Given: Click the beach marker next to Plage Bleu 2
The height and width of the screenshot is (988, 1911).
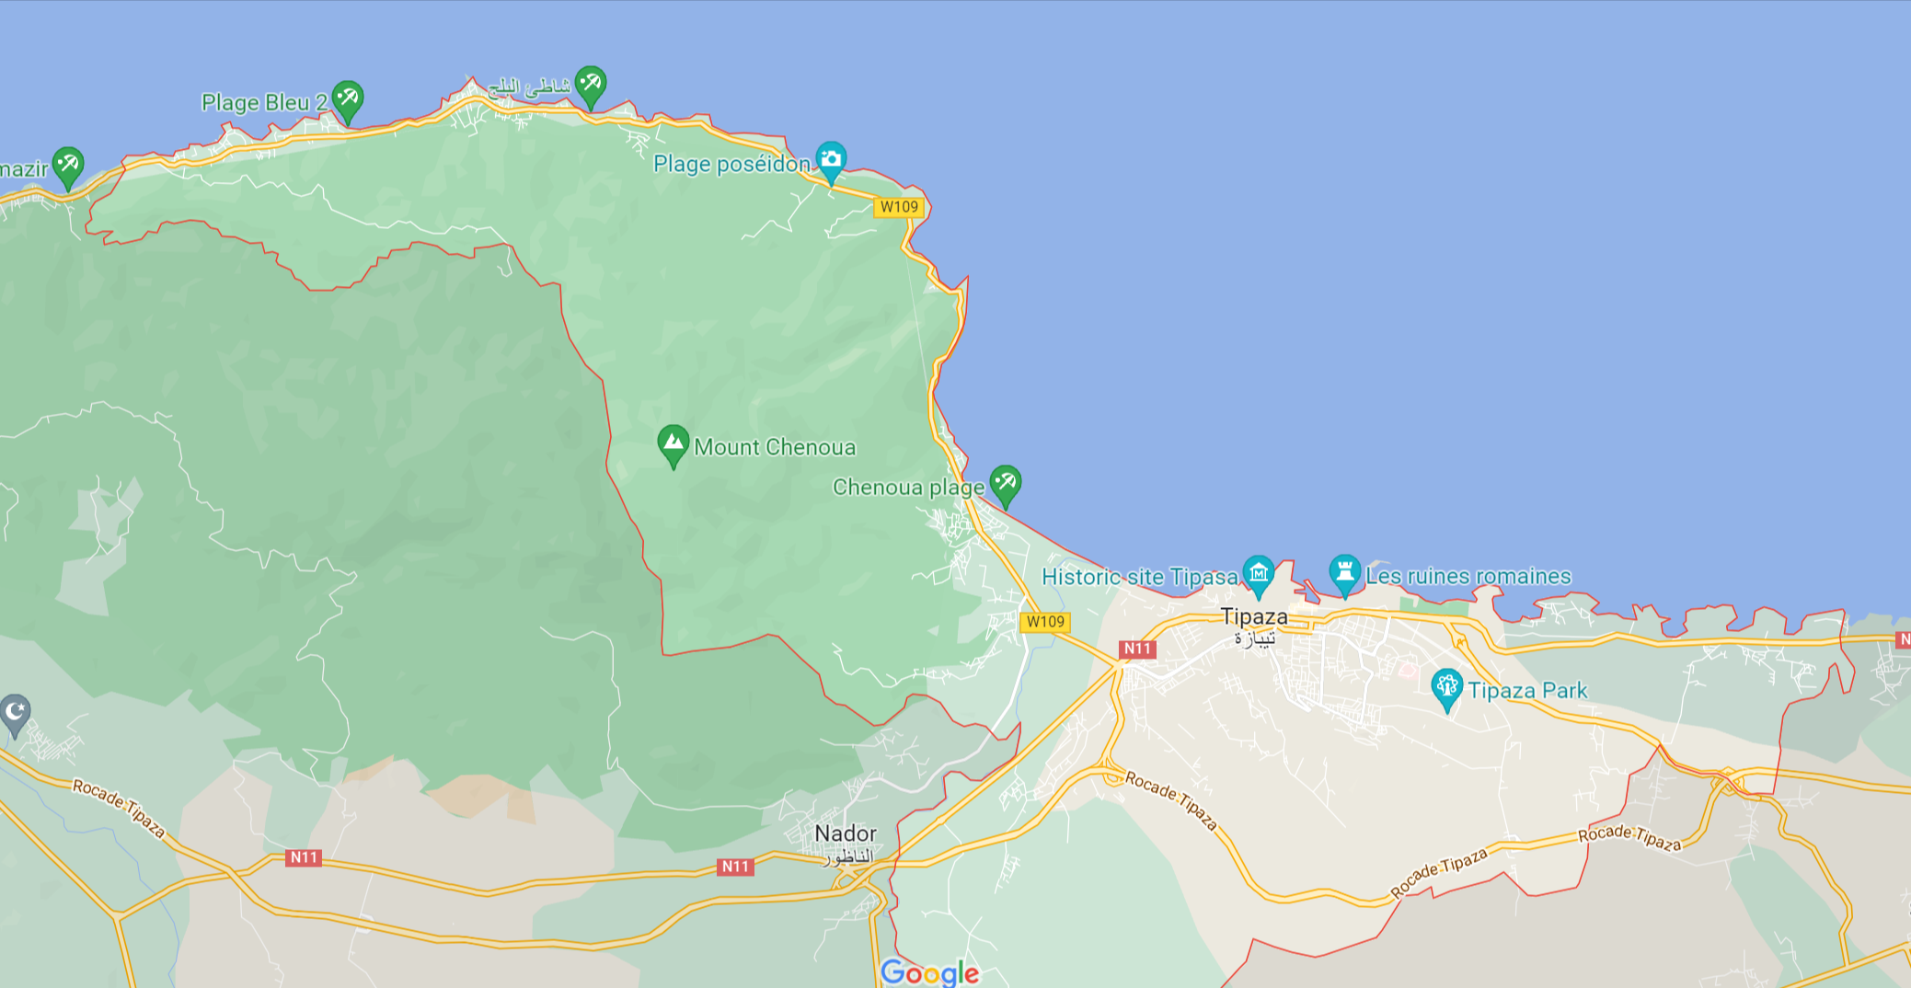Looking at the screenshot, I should click(x=347, y=98).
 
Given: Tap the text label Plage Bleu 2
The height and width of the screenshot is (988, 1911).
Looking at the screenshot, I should click(x=264, y=102).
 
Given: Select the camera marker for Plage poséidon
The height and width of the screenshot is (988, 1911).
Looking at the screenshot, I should click(x=830, y=160).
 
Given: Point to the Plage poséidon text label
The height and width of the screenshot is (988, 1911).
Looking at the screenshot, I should click(x=731, y=164).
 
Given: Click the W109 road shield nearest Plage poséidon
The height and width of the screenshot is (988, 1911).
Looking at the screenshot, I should click(x=899, y=207).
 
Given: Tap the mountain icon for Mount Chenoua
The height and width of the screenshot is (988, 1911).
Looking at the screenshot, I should click(x=673, y=443).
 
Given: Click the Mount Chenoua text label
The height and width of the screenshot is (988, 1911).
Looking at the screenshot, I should click(x=775, y=447).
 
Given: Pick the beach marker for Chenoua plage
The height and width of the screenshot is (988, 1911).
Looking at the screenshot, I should click(x=1005, y=483).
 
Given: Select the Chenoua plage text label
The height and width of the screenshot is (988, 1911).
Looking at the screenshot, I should click(x=908, y=487).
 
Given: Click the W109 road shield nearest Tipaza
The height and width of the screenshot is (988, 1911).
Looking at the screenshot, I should click(x=1045, y=622).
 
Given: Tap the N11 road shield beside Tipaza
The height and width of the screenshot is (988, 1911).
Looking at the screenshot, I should click(x=1137, y=649).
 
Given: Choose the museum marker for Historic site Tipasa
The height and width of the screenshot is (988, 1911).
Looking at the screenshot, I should click(x=1258, y=573).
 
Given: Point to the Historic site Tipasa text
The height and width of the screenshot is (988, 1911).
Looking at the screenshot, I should click(x=1139, y=577).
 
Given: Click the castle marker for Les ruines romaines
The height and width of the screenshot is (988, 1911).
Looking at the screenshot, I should click(x=1344, y=572).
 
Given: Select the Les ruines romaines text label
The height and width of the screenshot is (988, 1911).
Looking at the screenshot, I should click(x=1468, y=576).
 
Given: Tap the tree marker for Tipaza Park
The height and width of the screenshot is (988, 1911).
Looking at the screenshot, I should click(x=1446, y=686).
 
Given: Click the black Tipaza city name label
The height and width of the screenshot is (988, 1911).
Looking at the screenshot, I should click(x=1253, y=616).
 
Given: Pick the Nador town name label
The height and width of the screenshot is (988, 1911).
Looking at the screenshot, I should click(x=846, y=833).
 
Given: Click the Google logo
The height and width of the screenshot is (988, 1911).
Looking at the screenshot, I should click(x=929, y=972).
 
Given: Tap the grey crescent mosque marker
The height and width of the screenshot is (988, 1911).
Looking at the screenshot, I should click(x=15, y=712).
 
